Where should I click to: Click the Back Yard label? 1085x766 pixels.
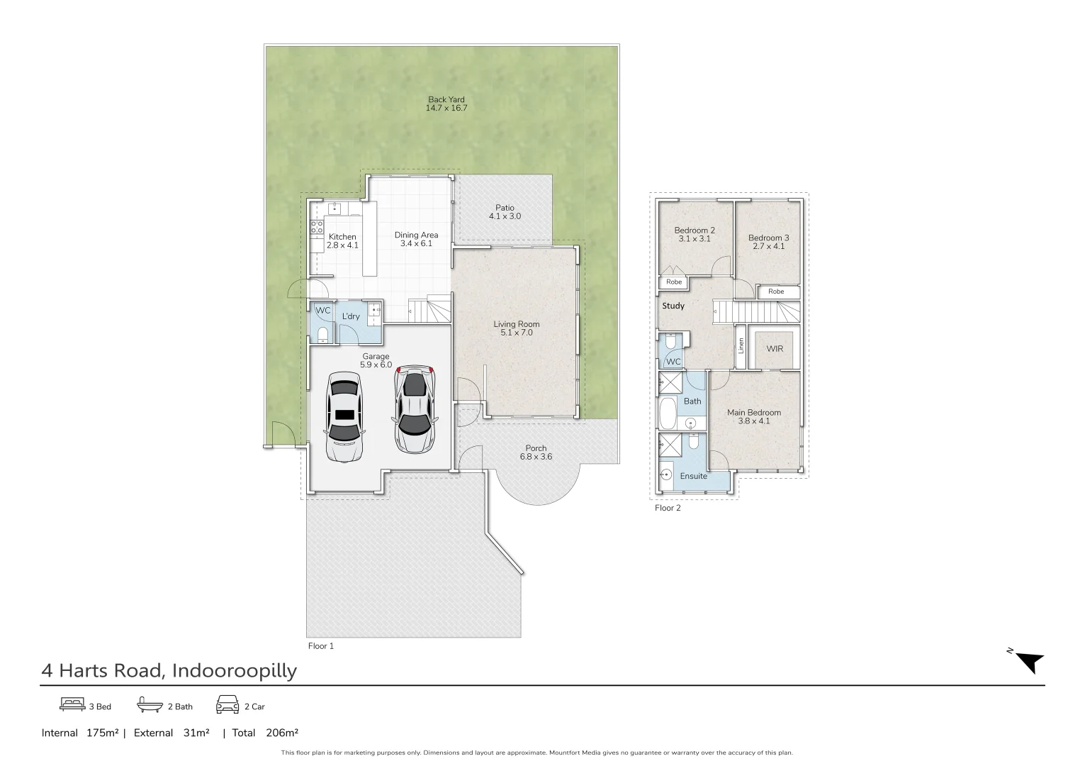[446, 100]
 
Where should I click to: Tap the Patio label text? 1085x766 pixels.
[505, 208]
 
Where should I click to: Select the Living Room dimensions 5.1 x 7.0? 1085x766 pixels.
[517, 333]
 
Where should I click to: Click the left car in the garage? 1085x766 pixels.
[344, 416]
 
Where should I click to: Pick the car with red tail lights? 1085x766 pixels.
[415, 409]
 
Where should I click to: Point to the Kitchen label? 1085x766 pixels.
[342, 237]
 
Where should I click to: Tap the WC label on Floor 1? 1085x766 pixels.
[322, 311]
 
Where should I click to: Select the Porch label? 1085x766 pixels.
[536, 448]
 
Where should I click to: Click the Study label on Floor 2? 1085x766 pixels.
[673, 306]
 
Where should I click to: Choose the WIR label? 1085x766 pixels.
[775, 349]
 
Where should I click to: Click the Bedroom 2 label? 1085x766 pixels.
[694, 231]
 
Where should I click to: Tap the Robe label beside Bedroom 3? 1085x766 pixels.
[776, 292]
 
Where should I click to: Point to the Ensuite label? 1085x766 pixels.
[693, 476]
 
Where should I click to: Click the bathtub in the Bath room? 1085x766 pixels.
[668, 413]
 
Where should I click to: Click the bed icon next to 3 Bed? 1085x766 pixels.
[72, 705]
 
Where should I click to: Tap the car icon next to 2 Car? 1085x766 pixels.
[227, 705]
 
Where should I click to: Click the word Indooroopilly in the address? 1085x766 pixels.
[234, 671]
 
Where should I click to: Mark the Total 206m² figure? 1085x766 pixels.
[266, 733]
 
